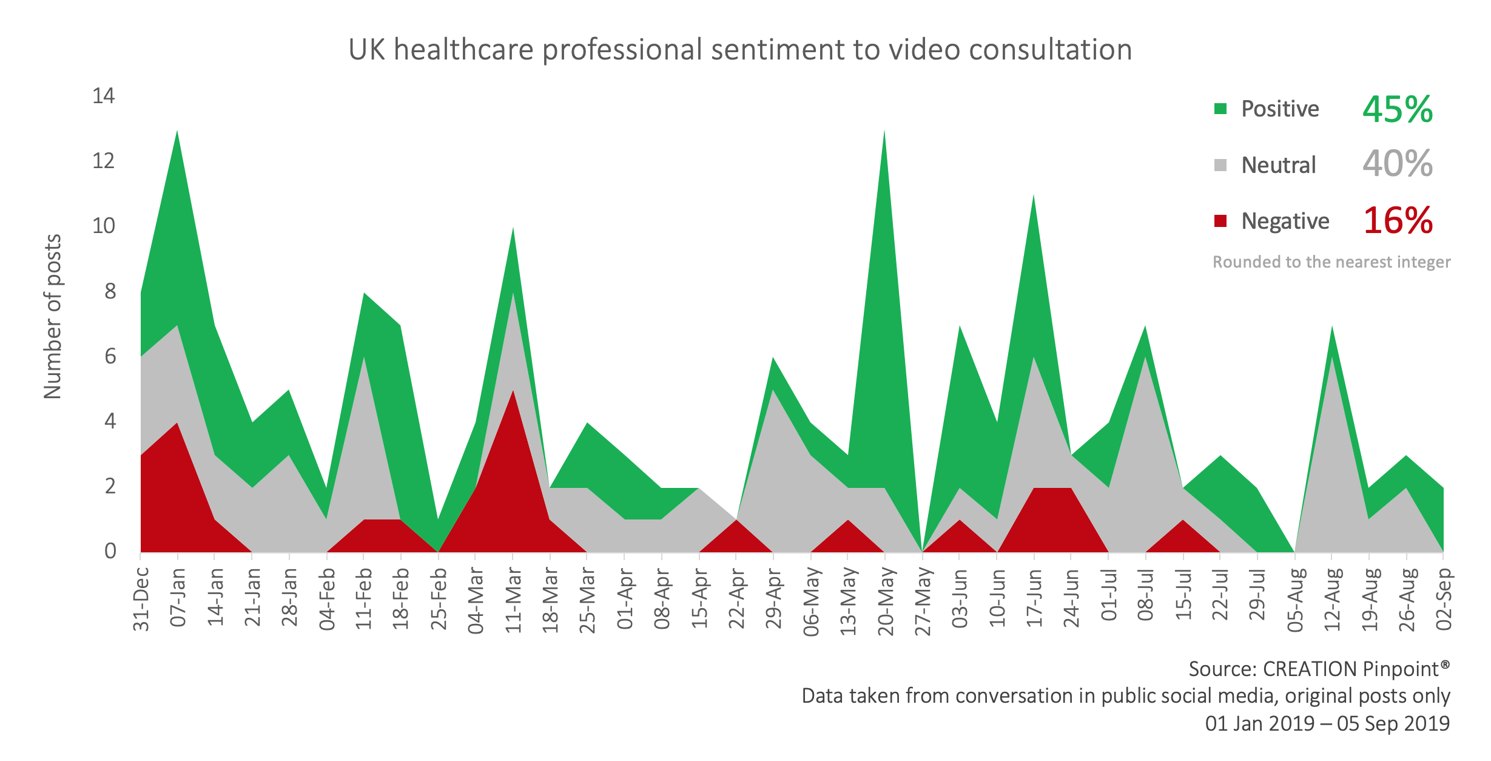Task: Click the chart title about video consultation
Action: pos(740,50)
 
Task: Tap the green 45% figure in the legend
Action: pos(1398,109)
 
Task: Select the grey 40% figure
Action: pos(1398,164)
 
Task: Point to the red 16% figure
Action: pos(1398,220)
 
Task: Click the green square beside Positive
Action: pos(1220,109)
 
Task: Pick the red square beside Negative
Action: pos(1220,221)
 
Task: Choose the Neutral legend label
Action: pos(1279,165)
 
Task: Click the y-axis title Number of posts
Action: pos(53,316)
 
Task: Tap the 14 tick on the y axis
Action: pos(103,96)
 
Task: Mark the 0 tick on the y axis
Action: pos(110,551)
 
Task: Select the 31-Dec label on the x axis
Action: pos(141,599)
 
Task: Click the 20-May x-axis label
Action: pos(886,601)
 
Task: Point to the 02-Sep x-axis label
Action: pos(1444,599)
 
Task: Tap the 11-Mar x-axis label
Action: pos(514,600)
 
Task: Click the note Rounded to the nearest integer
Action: pos(1331,262)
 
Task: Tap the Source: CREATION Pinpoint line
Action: pos(1319,669)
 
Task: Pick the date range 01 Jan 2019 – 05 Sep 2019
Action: pos(1327,723)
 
